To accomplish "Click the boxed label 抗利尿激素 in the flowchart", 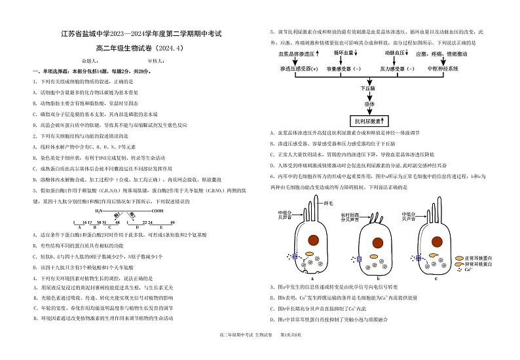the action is (x=369, y=120).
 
